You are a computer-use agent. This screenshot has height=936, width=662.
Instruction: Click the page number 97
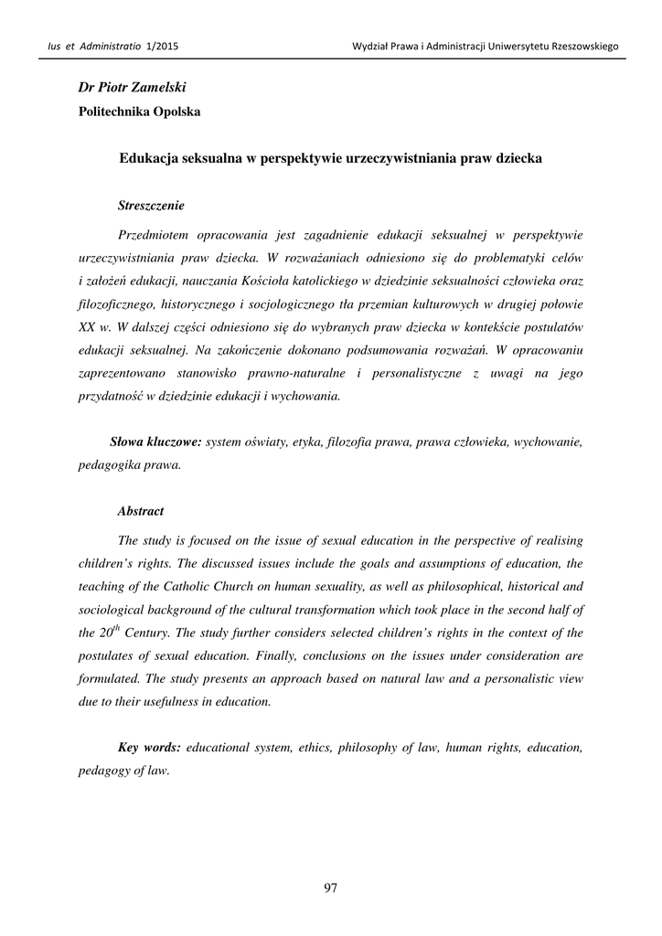pyautogui.click(x=331, y=888)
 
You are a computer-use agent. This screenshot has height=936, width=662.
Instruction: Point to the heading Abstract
pyautogui.click(x=141, y=511)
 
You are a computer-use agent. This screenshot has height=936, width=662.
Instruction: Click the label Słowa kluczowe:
pyautogui.click(x=155, y=441)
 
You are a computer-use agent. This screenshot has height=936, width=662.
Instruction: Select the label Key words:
pyautogui.click(x=150, y=748)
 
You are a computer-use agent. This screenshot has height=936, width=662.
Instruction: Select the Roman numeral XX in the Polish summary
pyautogui.click(x=88, y=326)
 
